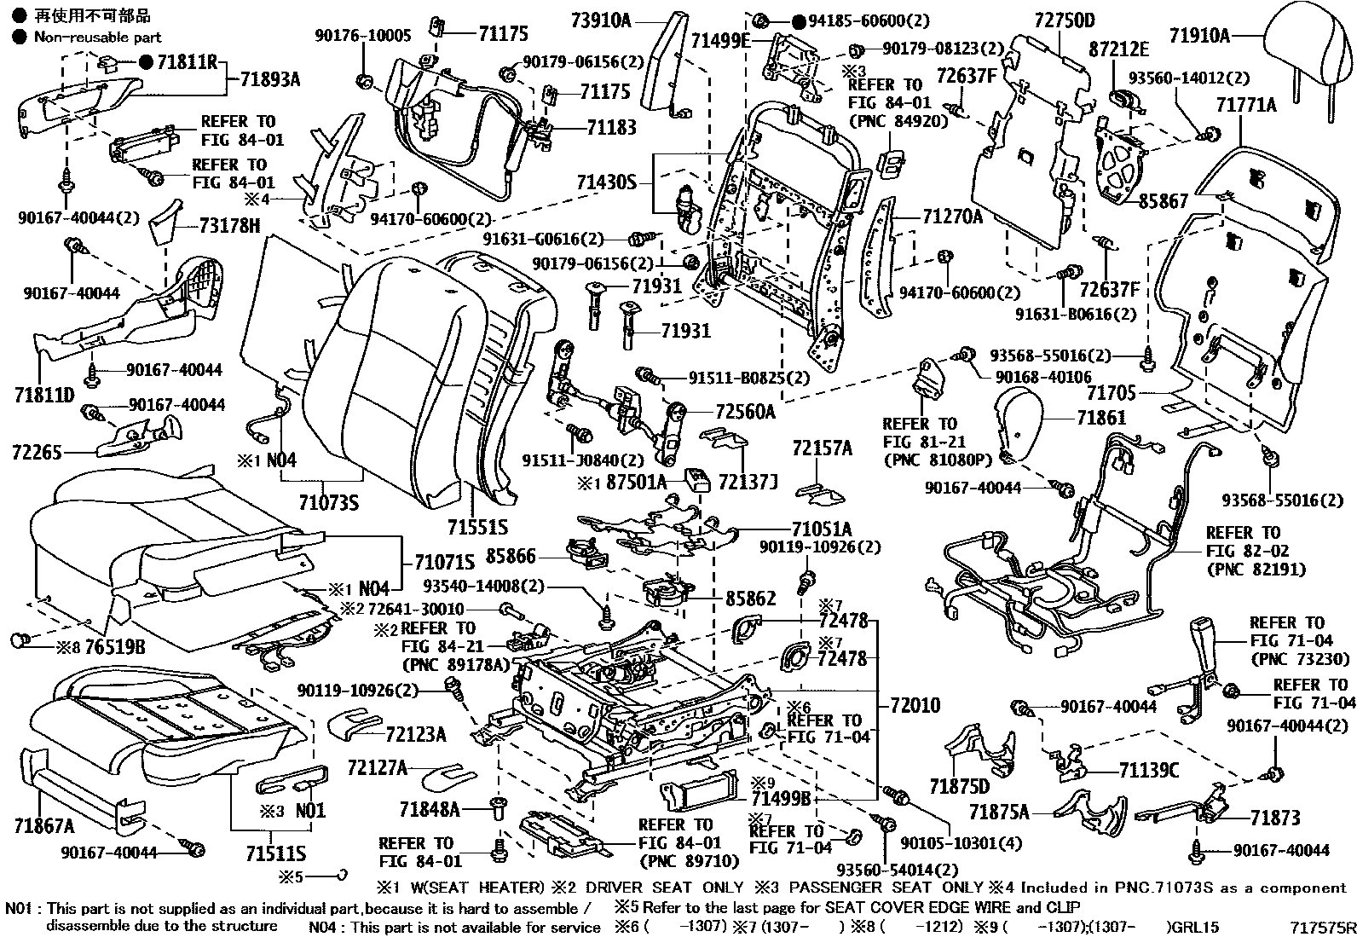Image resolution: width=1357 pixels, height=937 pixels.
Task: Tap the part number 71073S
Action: tap(328, 502)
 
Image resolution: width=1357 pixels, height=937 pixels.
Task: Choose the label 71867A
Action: tap(43, 825)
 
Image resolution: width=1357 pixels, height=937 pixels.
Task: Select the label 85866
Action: tap(511, 557)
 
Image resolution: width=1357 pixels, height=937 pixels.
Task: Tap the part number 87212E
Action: tap(1118, 49)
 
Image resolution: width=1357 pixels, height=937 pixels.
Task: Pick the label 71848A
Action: tap(429, 808)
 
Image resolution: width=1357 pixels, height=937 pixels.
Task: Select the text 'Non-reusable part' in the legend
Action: tap(97, 37)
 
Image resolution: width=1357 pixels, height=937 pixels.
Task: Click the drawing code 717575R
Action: tap(1320, 926)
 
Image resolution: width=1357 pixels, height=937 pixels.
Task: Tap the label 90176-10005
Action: tap(362, 35)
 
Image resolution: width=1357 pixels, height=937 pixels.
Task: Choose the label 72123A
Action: tap(415, 734)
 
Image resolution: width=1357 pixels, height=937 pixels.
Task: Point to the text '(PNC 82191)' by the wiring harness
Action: tap(1256, 569)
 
